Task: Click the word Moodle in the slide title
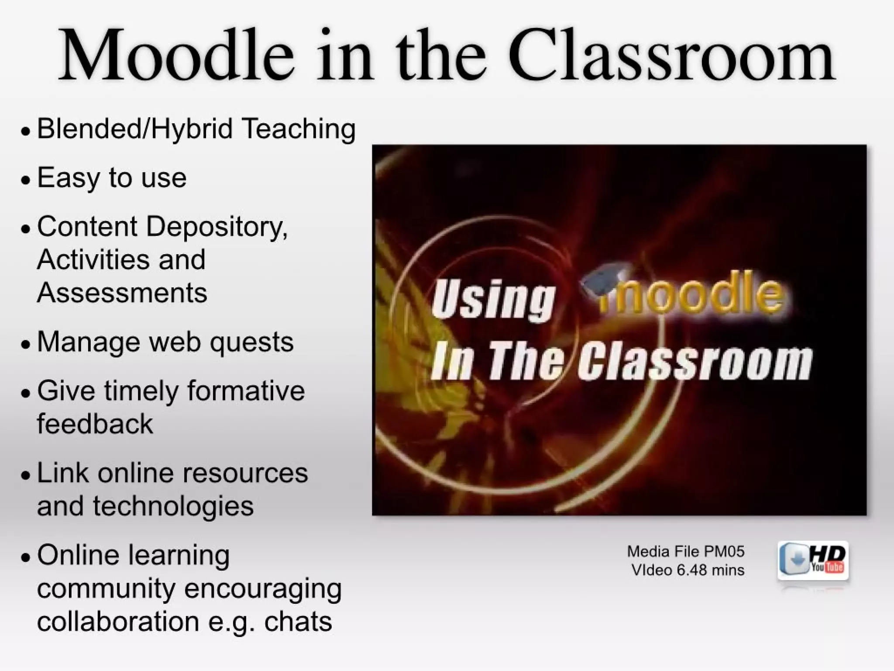pyautogui.click(x=176, y=56)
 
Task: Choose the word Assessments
pyautogui.click(x=122, y=293)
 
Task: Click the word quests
pyautogui.click(x=251, y=342)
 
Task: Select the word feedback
pyautogui.click(x=95, y=424)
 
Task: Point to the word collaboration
pyautogui.click(x=118, y=621)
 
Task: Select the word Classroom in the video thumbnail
pyautogui.click(x=695, y=362)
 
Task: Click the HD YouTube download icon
pyautogui.click(x=813, y=561)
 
